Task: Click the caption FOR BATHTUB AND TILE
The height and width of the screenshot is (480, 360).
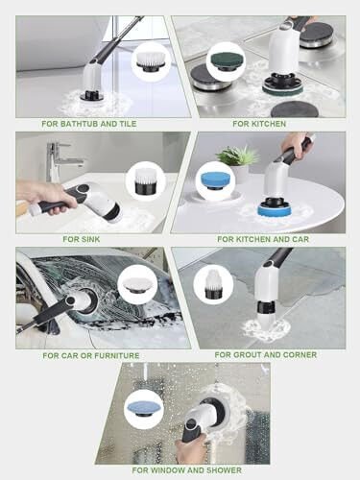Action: tap(90, 124)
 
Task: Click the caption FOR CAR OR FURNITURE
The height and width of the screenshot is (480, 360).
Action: tap(90, 354)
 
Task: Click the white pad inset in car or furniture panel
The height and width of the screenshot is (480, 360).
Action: tap(139, 284)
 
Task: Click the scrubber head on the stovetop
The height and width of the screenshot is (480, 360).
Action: tap(280, 84)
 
